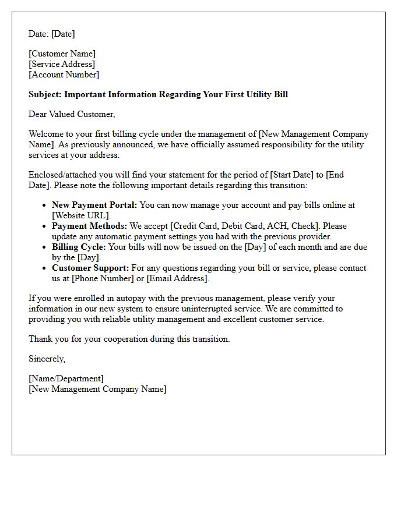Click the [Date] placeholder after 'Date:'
[63, 34]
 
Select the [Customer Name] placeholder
[62, 54]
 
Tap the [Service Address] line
[62, 64]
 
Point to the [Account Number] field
[64, 75]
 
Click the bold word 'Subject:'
[45, 94]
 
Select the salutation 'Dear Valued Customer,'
[72, 114]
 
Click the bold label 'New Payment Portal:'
[94, 205]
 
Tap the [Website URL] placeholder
[81, 215]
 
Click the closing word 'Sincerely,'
[47, 359]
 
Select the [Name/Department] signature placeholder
[66, 378]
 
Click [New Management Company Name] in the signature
[97, 389]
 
